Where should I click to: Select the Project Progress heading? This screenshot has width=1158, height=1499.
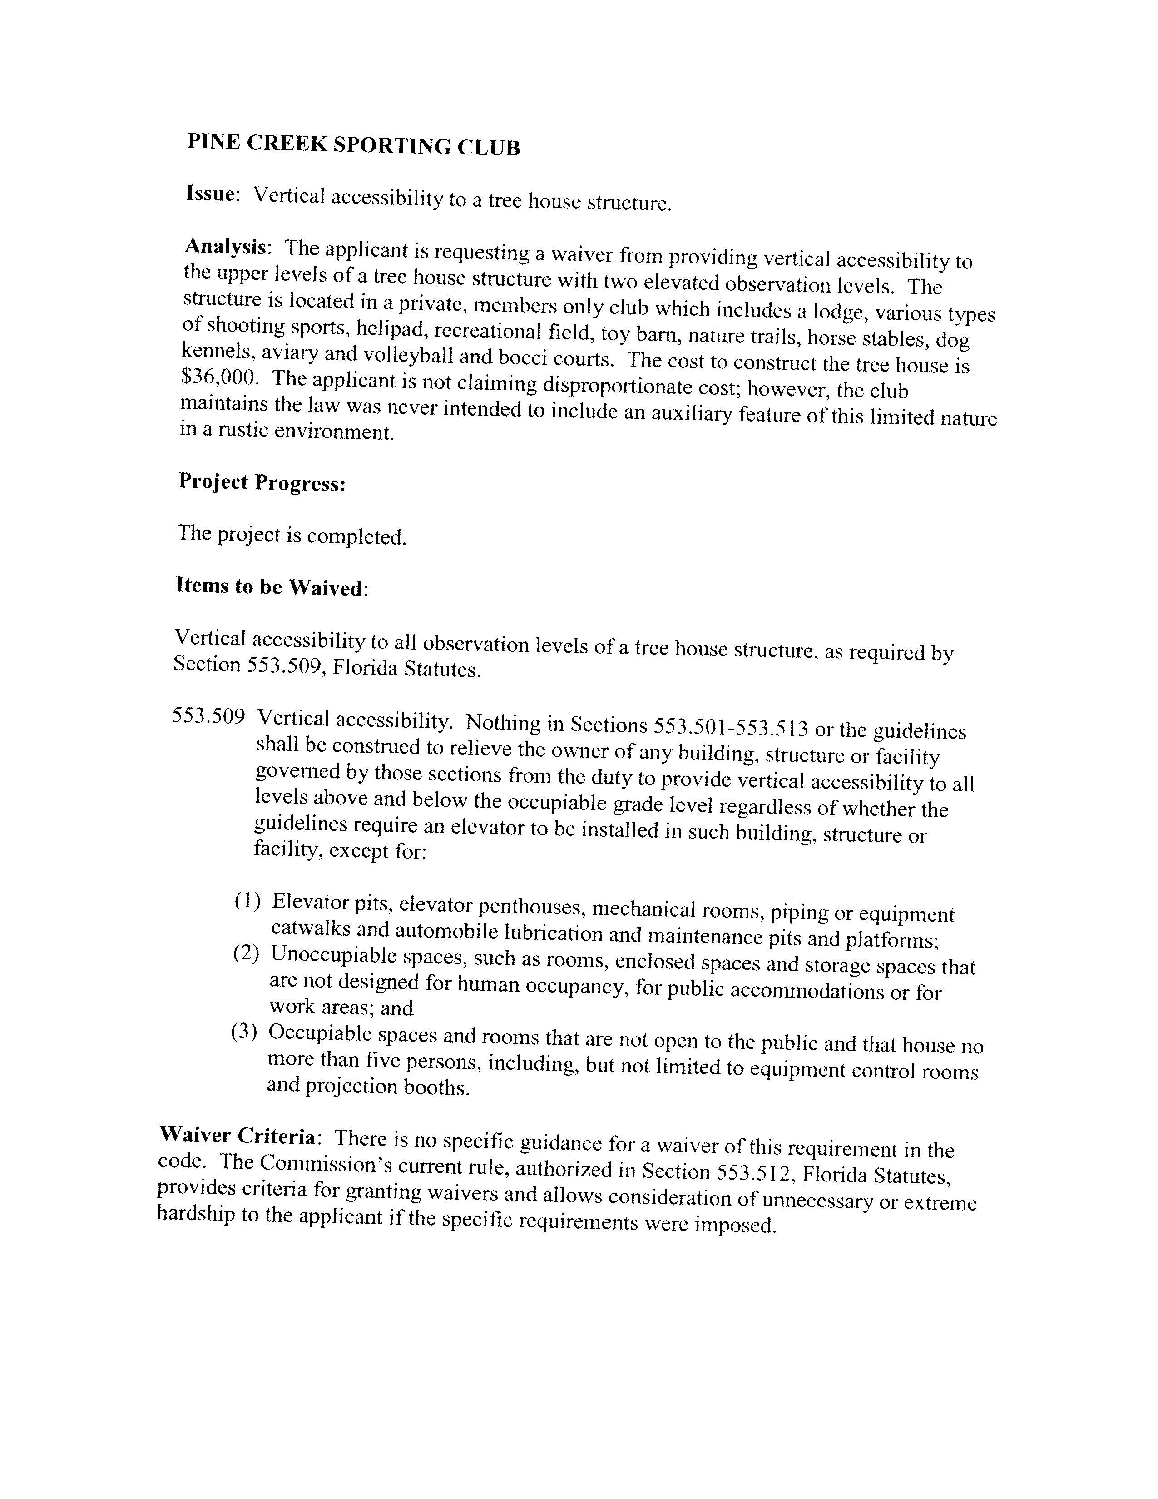(262, 483)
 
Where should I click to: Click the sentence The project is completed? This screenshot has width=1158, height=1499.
(292, 535)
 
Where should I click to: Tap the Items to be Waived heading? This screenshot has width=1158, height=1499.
(270, 587)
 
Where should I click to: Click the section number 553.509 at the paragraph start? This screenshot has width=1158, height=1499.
(208, 716)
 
